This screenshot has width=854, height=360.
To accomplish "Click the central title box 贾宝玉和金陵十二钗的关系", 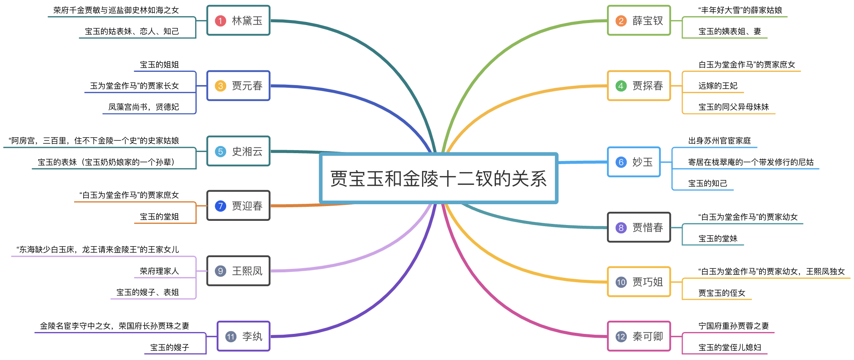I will coord(438,178).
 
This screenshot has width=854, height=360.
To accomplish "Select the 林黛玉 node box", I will coord(238,20).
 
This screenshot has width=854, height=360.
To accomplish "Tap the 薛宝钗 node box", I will coord(639,20).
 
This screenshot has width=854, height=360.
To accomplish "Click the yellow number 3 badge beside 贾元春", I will coord(220,86).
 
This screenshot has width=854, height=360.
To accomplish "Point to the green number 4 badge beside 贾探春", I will coord(621,86).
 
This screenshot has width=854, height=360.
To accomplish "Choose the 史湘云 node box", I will coord(238,151).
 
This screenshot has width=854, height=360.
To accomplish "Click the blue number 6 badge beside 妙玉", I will coord(621,162).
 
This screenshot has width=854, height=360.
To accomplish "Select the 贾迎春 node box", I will coord(238,206).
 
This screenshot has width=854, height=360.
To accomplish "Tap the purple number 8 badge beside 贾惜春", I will coord(621,228).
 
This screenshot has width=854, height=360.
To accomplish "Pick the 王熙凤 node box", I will coord(238,271).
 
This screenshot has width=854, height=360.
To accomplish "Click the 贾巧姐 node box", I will coord(639,282).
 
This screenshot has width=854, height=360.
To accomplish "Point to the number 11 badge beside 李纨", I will coord(231,337).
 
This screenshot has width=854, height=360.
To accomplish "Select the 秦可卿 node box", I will coord(639,337).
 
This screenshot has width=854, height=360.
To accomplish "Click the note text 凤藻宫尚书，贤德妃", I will coord(144,107).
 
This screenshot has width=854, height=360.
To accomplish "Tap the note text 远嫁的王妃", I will coord(718,86).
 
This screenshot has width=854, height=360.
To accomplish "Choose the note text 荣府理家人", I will coord(159,271).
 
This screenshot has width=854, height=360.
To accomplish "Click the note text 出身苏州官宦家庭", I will coord(719,141).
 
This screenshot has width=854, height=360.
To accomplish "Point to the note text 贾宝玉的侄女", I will coord(722,293).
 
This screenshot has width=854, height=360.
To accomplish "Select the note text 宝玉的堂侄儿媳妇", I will coord(730,348).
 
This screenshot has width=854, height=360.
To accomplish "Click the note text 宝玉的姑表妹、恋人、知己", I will coord(132,31).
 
